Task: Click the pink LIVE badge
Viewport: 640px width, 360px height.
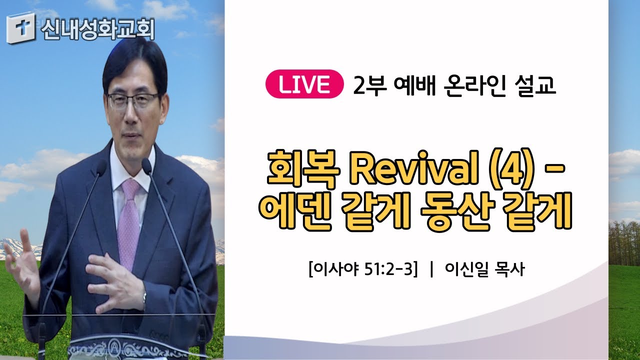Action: coord(304,84)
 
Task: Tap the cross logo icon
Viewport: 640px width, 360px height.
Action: coord(21,27)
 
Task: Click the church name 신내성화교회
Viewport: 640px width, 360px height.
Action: coord(97,29)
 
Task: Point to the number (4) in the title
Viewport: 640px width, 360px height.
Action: coord(512,169)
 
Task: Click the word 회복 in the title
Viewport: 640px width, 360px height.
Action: coord(303,169)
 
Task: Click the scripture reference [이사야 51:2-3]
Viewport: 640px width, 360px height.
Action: coord(363,269)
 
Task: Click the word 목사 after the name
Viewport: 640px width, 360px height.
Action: coord(509,269)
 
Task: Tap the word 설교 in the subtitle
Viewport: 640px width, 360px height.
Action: coord(535,85)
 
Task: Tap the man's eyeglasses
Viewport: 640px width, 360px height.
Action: coord(133,100)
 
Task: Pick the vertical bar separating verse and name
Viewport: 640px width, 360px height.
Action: coord(431,269)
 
